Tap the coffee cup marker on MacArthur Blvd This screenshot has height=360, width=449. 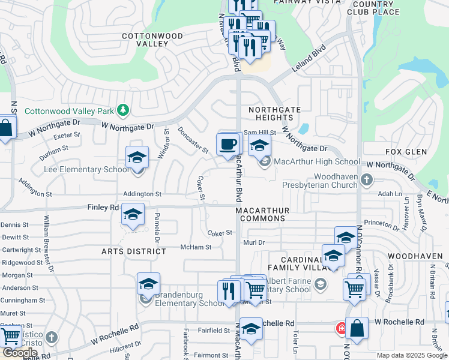pos(228,145)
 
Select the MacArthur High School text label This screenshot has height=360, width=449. pos(317,161)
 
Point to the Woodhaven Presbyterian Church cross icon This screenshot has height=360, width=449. pos(366,178)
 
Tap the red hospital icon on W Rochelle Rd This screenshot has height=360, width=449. pos(341,328)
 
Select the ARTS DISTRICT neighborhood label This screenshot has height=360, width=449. pos(133,251)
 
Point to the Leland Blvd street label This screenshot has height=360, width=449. pos(309,58)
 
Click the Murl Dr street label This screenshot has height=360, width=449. pos(255,242)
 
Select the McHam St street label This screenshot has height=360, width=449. pos(196,247)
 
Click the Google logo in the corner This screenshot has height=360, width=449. pos(19,353)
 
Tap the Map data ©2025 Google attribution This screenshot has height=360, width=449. pos(411,355)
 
